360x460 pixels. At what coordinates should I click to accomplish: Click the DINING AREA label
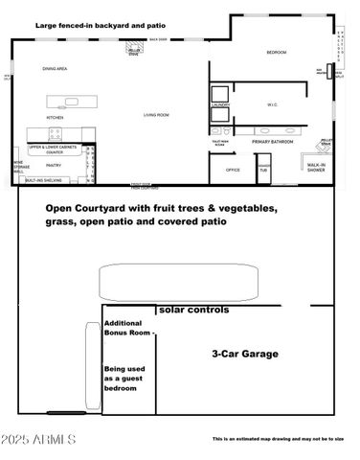54,69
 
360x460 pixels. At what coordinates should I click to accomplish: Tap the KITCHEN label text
56,116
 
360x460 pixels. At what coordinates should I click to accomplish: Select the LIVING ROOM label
157,115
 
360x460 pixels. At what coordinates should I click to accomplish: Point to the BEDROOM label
276,54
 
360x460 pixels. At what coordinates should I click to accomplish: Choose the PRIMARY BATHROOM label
276,141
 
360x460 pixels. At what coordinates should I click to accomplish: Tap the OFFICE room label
233,170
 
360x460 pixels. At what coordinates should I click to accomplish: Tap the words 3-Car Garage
244,354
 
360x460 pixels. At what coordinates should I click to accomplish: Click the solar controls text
194,310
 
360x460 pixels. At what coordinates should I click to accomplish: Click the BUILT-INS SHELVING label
44,180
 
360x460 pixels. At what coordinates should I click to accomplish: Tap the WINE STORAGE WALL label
17,168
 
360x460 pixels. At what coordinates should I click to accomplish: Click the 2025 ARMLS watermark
38,439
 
